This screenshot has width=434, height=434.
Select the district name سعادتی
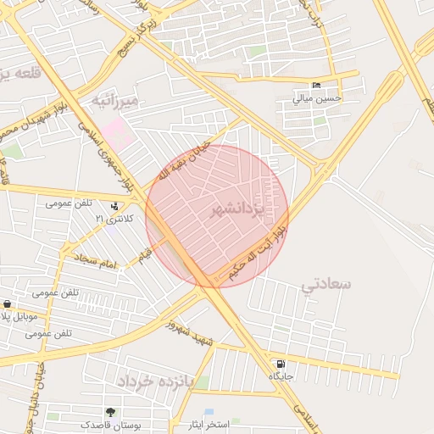325,284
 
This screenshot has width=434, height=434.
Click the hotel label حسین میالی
317,97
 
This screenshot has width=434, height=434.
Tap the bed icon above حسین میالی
316,86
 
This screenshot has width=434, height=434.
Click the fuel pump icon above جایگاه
281,364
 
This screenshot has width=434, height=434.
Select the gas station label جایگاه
281,376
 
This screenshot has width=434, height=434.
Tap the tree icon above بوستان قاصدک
110,412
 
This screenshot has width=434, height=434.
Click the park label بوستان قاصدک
106,424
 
